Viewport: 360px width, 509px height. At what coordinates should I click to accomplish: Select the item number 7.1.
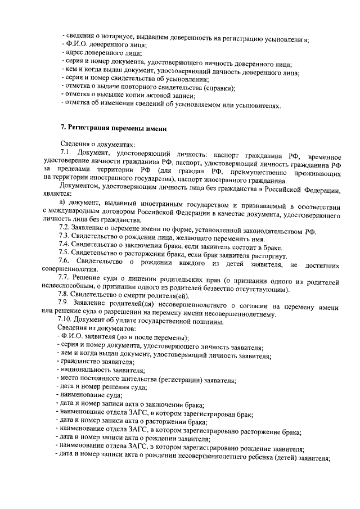click(67, 154)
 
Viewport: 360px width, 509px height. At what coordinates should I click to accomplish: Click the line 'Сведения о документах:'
click(97, 145)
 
